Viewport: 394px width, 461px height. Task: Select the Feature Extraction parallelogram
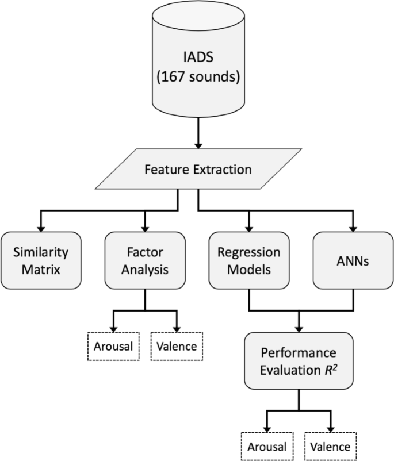(197, 170)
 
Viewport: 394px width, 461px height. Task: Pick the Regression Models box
(249, 260)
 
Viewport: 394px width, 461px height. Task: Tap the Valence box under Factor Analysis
(177, 347)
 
